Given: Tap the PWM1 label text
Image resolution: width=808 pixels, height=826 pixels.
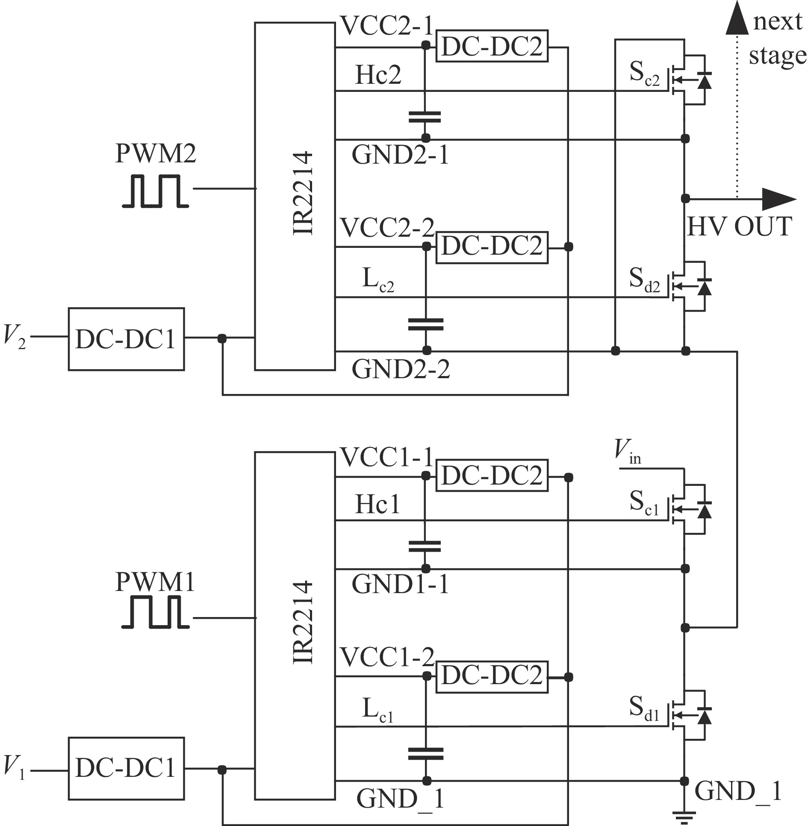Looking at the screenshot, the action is click(x=155, y=582).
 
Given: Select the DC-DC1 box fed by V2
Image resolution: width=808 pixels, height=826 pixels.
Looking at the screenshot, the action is click(x=127, y=339).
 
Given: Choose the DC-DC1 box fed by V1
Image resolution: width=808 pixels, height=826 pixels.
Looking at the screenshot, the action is click(x=127, y=768).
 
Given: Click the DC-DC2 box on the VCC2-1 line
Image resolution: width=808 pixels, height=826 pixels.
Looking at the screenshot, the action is click(x=492, y=46).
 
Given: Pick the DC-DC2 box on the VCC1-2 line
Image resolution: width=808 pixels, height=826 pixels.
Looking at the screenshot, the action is click(x=492, y=677).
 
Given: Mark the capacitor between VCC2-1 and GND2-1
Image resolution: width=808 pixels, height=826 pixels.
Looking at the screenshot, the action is click(x=425, y=117).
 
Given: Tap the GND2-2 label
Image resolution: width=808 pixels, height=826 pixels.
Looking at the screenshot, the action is click(x=401, y=369).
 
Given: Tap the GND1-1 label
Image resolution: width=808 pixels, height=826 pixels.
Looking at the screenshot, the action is click(x=401, y=584).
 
